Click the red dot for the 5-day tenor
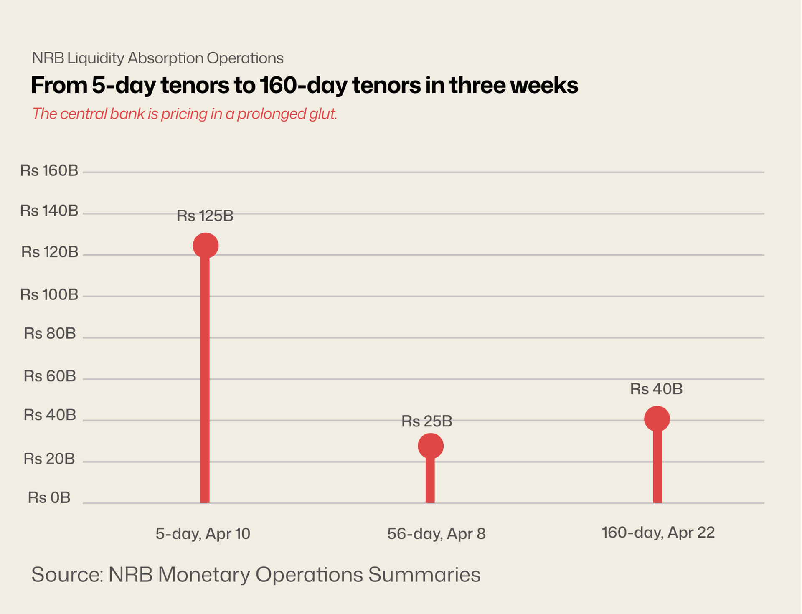click(206, 245)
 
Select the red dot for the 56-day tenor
click(430, 446)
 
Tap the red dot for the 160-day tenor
click(657, 419)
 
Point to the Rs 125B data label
click(205, 216)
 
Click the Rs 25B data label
click(426, 421)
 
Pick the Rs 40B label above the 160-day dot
click(656, 389)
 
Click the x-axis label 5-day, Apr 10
click(203, 534)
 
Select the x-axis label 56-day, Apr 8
click(436, 534)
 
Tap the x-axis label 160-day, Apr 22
click(658, 533)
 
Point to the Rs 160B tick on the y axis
click(49, 171)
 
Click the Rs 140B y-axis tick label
click(49, 211)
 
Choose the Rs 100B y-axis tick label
click(49, 295)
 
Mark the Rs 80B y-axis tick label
click(50, 334)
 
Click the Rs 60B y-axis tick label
click(50, 376)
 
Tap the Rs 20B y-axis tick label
click(49, 459)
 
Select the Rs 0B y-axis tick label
click(49, 498)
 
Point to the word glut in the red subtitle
click(323, 114)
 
